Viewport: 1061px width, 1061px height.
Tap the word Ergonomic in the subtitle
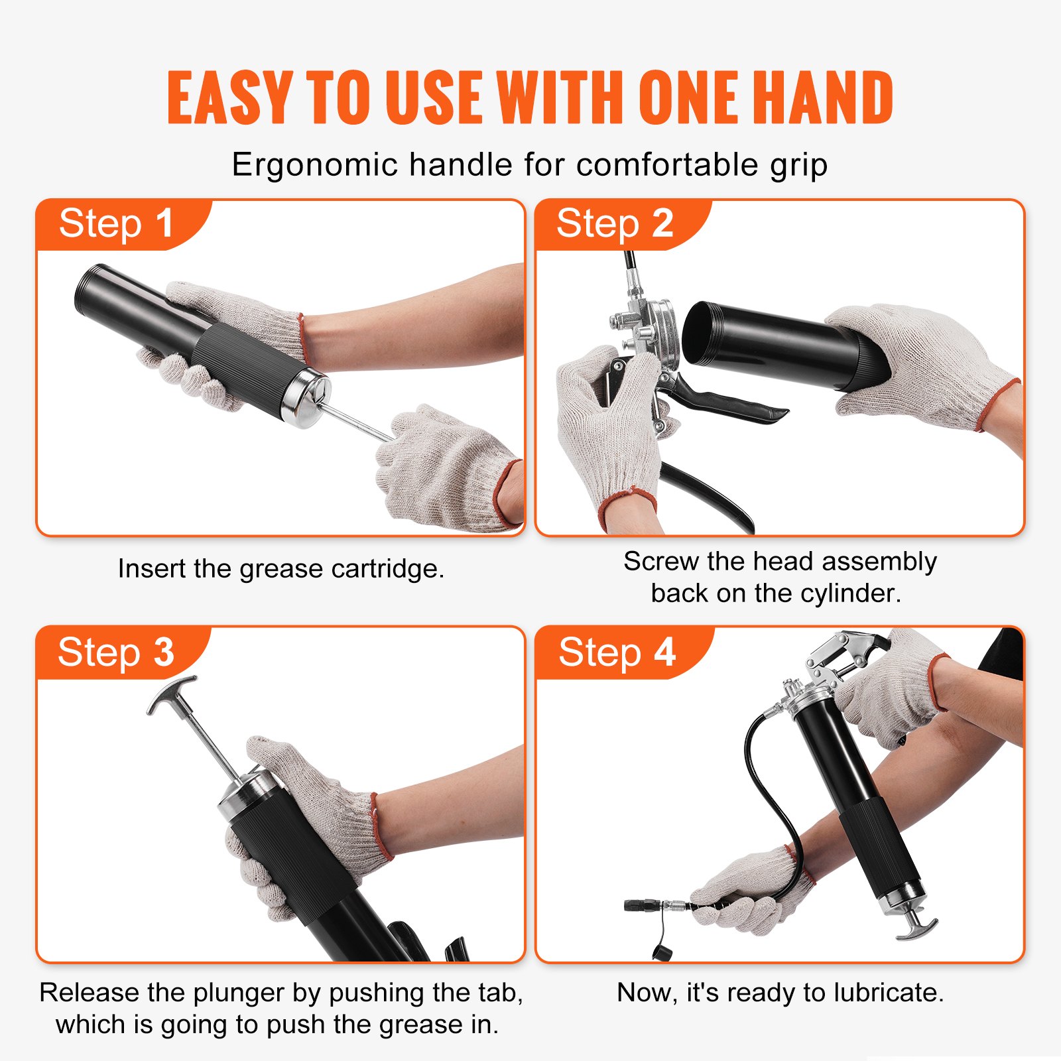[x=314, y=164]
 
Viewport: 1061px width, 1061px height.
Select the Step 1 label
[x=116, y=223]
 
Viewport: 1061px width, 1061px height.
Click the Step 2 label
[x=615, y=223]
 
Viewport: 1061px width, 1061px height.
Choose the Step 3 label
[x=116, y=653]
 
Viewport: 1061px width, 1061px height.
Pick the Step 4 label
[x=617, y=653]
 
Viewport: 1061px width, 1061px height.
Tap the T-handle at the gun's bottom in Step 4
[x=918, y=926]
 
